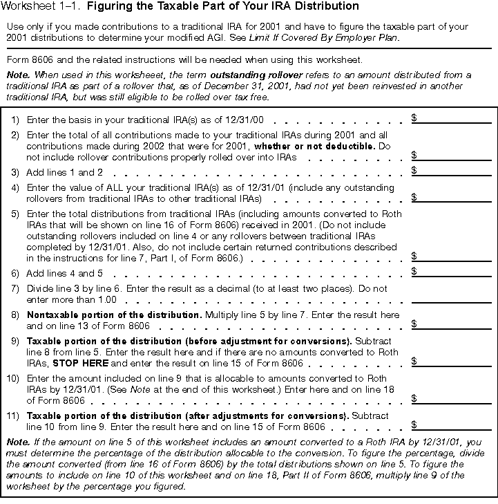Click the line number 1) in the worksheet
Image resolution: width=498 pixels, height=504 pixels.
pyautogui.click(x=15, y=120)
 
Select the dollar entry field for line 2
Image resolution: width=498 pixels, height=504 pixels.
pyautogui.click(x=454, y=156)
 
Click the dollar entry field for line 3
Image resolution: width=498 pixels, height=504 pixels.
pyautogui.click(x=454, y=171)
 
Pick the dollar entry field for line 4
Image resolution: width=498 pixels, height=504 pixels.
pyautogui.click(x=454, y=198)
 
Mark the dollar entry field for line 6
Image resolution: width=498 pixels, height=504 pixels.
pyautogui.click(x=454, y=272)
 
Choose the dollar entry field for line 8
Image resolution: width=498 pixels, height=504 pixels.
pyautogui.click(x=454, y=324)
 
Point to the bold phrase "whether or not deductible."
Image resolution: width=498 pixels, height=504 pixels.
pyautogui.click(x=312, y=147)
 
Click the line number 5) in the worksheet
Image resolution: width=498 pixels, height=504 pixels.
pyautogui.click(x=15, y=214)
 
